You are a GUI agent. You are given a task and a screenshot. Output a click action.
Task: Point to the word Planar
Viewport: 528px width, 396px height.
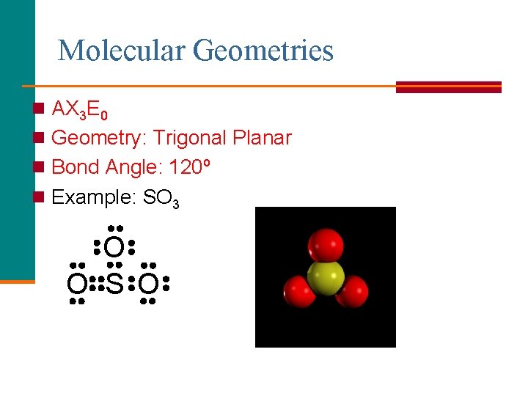[262, 138]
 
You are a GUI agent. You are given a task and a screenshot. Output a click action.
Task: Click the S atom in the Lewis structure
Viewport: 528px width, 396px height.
[114, 283]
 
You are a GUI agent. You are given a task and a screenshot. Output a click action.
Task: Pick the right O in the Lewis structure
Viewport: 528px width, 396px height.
[149, 283]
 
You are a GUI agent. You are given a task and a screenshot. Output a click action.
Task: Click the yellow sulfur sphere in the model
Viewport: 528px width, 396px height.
[326, 278]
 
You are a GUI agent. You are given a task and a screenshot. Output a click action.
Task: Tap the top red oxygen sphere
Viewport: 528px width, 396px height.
[326, 244]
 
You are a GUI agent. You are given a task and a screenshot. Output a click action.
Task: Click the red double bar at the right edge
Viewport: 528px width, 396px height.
[448, 87]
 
